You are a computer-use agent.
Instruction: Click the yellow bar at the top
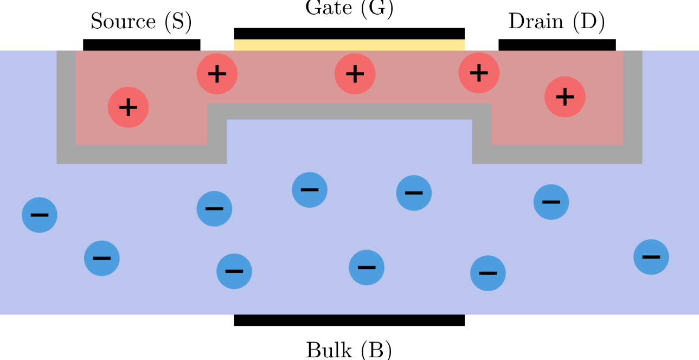(349, 45)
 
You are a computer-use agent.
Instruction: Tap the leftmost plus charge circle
(128, 107)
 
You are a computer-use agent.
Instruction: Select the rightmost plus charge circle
(565, 97)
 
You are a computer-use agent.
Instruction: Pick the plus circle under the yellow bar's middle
(355, 74)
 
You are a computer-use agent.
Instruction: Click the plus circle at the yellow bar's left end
(217, 74)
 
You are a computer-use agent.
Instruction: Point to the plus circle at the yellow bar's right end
(479, 73)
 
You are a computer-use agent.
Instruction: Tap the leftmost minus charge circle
(40, 215)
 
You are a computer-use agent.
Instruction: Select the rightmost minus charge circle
(651, 257)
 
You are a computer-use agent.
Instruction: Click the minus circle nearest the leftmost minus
(102, 258)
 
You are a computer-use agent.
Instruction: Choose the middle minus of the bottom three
(367, 267)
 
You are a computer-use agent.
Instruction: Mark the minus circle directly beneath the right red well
(551, 202)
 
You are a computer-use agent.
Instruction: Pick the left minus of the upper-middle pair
(310, 190)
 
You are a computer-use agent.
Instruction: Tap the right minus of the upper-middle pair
(414, 193)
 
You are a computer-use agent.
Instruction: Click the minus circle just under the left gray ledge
(214, 209)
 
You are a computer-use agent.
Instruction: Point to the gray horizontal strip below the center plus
(349, 112)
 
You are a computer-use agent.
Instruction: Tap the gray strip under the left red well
(141, 155)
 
